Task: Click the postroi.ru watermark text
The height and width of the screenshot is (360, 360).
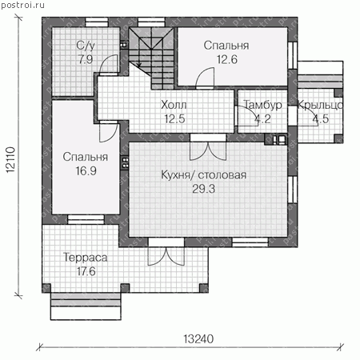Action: tap(22, 6)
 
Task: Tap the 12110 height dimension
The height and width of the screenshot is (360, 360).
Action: tap(10, 160)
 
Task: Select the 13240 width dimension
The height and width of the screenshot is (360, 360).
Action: tap(198, 339)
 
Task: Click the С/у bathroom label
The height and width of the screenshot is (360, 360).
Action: tap(86, 46)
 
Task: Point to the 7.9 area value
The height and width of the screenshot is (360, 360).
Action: tap(86, 59)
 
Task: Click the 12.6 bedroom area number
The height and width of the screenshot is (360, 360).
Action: tap(227, 59)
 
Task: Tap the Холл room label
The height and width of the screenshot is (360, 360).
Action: tap(174, 105)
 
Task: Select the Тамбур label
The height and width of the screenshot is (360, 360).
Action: tap(262, 105)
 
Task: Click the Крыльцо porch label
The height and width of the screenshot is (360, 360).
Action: tap(320, 106)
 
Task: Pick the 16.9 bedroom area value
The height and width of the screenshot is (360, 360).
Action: tap(86, 170)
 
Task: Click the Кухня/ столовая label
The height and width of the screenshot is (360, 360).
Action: tap(204, 175)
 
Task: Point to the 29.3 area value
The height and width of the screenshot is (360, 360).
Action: tap(204, 189)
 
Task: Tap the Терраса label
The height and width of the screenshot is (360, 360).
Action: tap(86, 258)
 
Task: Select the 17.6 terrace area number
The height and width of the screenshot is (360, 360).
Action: tap(86, 271)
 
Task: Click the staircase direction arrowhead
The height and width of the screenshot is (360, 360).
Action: tap(139, 65)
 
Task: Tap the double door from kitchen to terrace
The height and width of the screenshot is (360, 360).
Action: tap(166, 252)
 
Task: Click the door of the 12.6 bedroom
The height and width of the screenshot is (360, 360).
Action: tap(205, 78)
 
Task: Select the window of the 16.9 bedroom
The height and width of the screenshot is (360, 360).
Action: tap(86, 219)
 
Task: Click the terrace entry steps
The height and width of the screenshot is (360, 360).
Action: tap(86, 306)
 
